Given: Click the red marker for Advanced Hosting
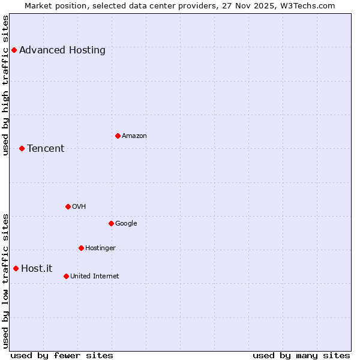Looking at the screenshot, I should coord(14,50).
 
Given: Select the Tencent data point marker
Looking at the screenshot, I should coord(22,148).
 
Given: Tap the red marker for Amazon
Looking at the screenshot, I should coord(118,136).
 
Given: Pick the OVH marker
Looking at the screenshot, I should coord(68,206).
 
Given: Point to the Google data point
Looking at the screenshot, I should coord(111,223).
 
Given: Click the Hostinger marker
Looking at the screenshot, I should coord(81,248).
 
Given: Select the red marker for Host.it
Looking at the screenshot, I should coord(16,268).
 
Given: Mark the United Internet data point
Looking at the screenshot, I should coord(66,276).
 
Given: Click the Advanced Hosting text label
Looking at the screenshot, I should coord(62,50).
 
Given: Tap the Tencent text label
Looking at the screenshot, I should coord(46,149).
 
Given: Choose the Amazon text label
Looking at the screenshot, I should coord(134,136).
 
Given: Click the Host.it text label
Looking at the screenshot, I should coord(37,269).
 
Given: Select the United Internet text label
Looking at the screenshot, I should coord(95,277).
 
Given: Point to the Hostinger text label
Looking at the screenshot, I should coord(100,248).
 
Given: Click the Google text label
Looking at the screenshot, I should coord(126,224).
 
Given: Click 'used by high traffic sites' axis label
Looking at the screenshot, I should coord(6,85).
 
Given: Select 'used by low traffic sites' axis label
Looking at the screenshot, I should coord(6,281).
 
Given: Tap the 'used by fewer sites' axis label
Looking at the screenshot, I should coord(62,355).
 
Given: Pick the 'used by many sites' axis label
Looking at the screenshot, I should coord(301,355).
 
